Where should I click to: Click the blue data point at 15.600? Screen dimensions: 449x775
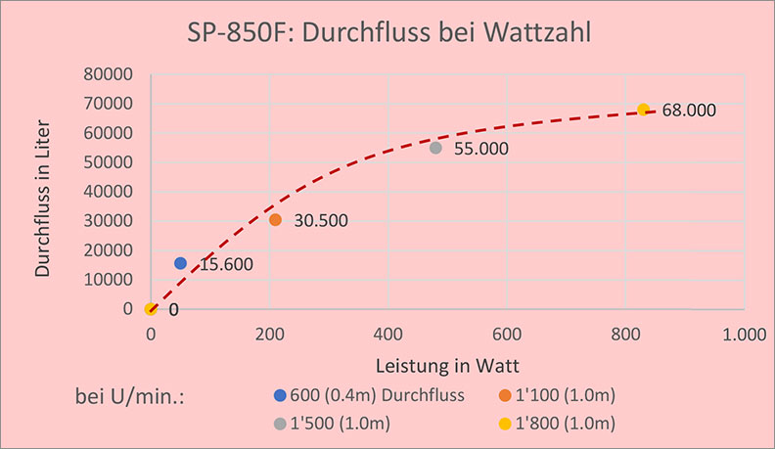(x=180, y=263)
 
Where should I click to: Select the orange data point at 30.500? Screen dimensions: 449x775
(x=275, y=220)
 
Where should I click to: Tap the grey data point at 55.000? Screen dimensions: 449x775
(x=435, y=148)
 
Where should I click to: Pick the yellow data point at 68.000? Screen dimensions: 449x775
(x=643, y=110)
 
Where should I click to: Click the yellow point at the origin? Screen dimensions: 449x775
(x=151, y=309)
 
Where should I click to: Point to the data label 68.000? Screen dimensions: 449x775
(x=689, y=111)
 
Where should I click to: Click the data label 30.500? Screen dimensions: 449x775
(x=321, y=221)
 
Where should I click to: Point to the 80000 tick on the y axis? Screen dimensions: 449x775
(x=110, y=74)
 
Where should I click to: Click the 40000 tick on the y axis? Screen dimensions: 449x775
(x=110, y=192)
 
